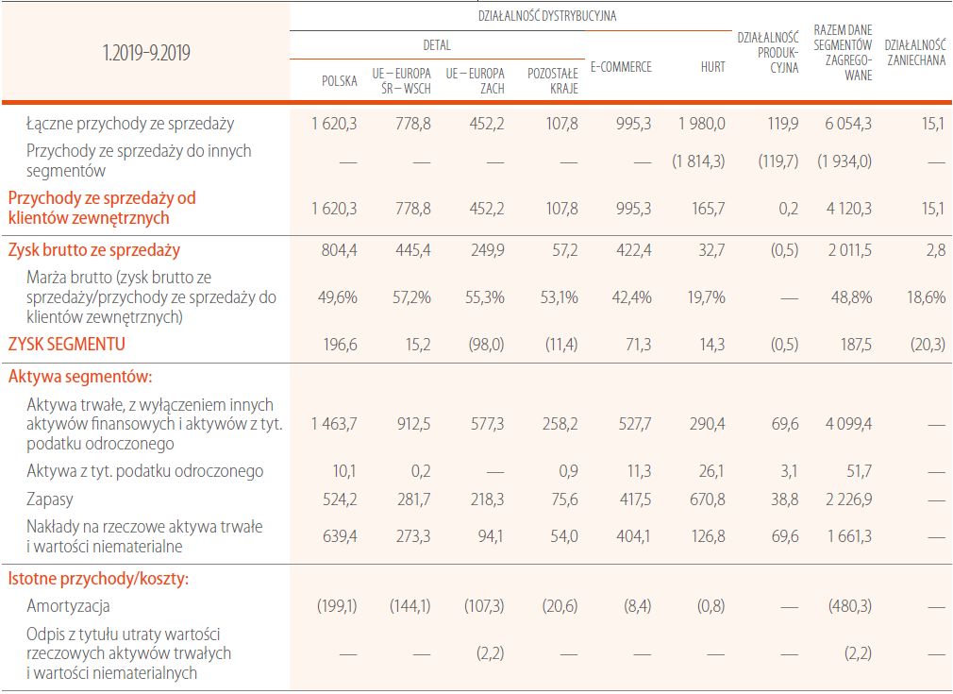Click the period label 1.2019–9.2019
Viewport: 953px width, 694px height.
coord(146,53)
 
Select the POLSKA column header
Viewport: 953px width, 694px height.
coord(340,81)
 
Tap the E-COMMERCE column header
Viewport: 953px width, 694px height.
coord(620,67)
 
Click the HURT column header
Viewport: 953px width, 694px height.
coord(713,67)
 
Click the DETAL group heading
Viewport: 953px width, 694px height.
coord(437,44)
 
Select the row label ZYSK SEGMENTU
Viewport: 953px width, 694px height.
coord(67,345)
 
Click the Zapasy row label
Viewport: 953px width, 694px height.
coord(50,499)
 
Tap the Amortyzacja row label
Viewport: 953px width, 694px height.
coord(69,606)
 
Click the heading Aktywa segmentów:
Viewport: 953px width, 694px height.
coord(80,377)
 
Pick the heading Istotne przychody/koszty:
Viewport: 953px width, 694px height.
coord(98,579)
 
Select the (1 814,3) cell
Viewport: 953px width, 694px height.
coord(698,161)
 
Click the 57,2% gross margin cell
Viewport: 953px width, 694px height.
coord(412,297)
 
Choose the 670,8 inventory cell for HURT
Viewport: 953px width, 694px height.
coord(708,499)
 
